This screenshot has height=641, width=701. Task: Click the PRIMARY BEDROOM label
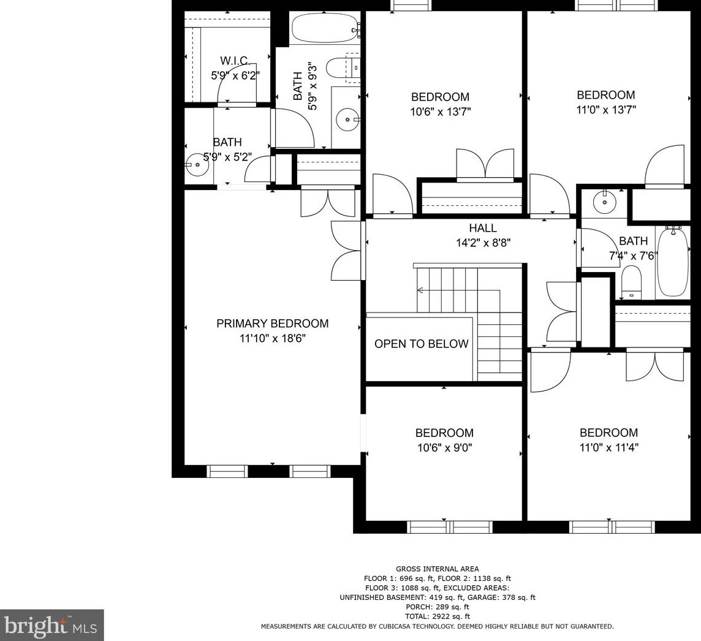(x=272, y=324)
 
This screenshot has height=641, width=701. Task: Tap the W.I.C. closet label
(x=235, y=61)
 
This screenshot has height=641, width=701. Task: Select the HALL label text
(x=483, y=228)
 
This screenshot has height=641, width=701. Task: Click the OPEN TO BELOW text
(x=422, y=344)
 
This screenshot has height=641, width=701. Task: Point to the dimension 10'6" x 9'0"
(x=445, y=447)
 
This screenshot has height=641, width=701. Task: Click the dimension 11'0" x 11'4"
(x=609, y=447)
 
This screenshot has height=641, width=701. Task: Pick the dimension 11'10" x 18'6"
(x=272, y=338)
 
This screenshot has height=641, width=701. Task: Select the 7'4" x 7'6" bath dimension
(x=634, y=256)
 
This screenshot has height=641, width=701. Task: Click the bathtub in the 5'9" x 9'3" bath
(x=325, y=27)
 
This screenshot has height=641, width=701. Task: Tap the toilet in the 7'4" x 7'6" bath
(x=631, y=283)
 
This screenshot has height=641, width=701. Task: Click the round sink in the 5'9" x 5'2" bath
(x=197, y=164)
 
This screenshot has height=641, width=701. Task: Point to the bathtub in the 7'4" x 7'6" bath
(x=673, y=261)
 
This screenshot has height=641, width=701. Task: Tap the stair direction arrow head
(x=420, y=290)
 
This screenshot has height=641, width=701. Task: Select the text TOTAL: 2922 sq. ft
(x=438, y=616)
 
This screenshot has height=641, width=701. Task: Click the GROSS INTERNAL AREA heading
(x=438, y=569)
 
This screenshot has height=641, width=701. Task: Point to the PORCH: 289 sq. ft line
(x=438, y=607)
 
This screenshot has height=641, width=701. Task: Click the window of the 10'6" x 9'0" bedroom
(x=450, y=527)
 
